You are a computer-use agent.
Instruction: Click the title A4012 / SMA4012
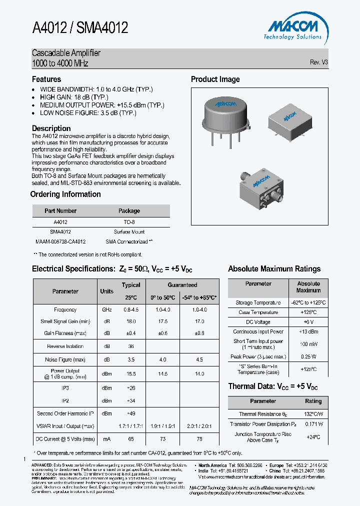80,28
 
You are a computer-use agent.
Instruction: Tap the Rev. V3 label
318,62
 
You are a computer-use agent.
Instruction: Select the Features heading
46,79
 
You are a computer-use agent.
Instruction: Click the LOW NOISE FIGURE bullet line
88,113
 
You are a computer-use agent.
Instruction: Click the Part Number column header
60,211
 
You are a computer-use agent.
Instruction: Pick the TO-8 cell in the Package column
129,222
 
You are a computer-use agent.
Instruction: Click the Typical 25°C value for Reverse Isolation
131,346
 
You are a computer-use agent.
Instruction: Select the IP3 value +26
131,388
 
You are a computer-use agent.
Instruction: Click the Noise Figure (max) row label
65,360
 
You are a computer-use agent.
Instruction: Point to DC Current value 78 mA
199,439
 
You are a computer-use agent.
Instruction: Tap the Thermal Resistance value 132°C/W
313,414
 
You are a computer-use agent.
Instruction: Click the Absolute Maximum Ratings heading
274,269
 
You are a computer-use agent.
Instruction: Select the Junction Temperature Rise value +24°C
313,437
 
